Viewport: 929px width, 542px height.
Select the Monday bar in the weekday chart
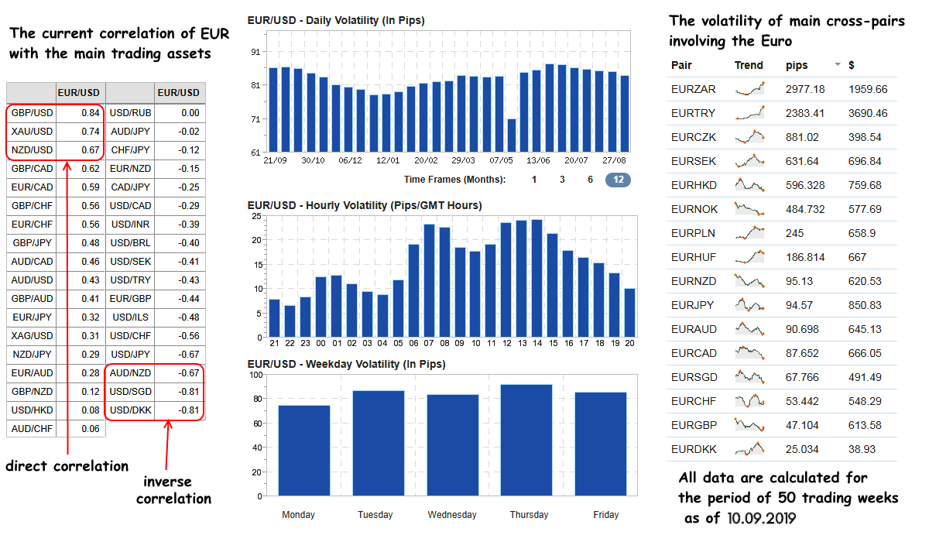coord(299,449)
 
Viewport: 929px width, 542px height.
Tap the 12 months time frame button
coord(618,180)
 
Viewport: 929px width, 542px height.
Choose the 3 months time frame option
coord(562,180)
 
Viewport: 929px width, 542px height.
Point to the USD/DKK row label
coord(130,410)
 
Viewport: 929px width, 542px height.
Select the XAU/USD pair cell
coord(32,132)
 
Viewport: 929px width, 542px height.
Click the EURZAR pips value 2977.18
coord(805,89)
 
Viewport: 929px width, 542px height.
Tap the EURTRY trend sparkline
coord(751,113)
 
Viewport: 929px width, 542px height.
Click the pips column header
coord(797,65)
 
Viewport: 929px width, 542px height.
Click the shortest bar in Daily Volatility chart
coord(511,135)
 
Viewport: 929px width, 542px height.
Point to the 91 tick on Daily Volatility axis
coord(255,52)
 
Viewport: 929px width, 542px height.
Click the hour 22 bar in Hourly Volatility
coord(290,321)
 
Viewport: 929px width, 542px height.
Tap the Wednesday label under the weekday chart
coord(452,515)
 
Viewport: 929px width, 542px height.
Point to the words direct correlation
coord(67,466)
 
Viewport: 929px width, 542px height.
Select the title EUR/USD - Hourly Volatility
coord(364,205)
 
